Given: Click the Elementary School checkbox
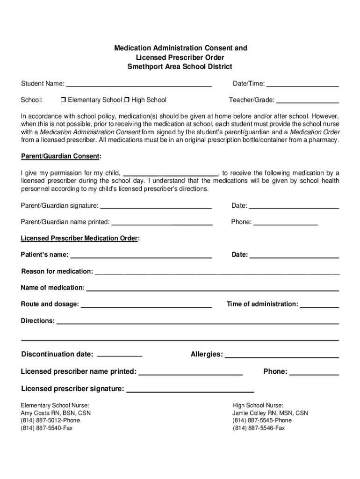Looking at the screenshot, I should click(63, 100).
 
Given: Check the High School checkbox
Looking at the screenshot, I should click(127, 100).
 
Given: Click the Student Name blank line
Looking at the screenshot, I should click(139, 84).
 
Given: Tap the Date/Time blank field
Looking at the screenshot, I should click(302, 84).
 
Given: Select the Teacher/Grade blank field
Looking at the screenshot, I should click(308, 100).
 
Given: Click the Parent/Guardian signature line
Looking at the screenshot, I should click(156, 206).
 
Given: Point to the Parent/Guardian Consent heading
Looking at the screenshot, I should click(60, 156).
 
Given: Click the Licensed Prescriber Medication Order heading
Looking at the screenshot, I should click(79, 238).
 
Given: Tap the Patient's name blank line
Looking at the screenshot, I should click(141, 255).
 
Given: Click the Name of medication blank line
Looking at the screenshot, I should click(212, 288).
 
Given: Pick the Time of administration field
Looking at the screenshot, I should click(319, 305).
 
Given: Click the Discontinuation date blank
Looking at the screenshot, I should click(119, 355).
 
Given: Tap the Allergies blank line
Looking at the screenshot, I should click(282, 355).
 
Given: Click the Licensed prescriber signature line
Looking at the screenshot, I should click(190, 389).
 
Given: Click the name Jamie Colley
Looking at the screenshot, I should click(250, 413).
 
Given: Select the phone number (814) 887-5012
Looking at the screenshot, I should click(40, 421).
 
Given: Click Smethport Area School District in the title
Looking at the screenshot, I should click(180, 67).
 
